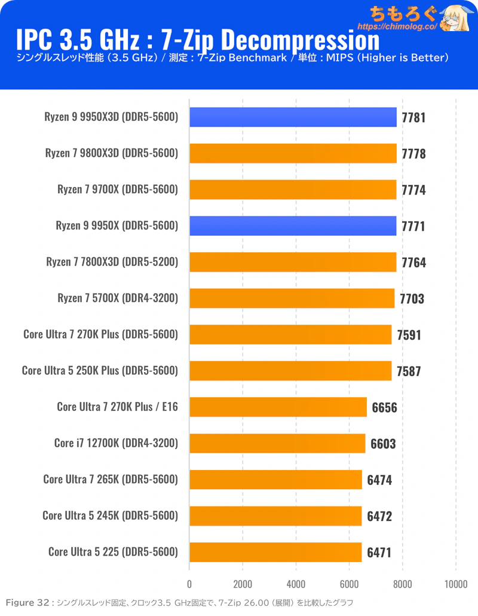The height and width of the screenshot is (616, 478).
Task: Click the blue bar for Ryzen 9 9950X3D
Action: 293,117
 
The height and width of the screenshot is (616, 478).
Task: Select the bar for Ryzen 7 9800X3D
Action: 293,153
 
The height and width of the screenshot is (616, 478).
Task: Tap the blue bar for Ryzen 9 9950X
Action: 293,226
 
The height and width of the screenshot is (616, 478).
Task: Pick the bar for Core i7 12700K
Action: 277,444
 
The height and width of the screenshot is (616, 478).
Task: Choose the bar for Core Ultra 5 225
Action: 275,553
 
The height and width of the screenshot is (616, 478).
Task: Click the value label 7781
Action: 413,117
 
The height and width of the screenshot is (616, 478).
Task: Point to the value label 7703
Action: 412,299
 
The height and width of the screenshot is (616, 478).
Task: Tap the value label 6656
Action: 385,408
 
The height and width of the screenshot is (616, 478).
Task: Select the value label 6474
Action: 379,480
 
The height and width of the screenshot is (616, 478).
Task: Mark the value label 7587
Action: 409,371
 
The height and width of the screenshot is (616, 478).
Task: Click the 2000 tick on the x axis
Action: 243,584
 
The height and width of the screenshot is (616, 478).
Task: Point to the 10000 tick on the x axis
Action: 456,584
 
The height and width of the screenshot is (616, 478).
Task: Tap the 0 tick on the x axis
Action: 189,584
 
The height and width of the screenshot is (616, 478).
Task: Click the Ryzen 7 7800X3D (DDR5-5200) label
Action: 112,262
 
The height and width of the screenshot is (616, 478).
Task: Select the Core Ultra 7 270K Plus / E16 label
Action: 117,407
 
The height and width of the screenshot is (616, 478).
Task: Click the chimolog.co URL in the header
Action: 397,27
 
